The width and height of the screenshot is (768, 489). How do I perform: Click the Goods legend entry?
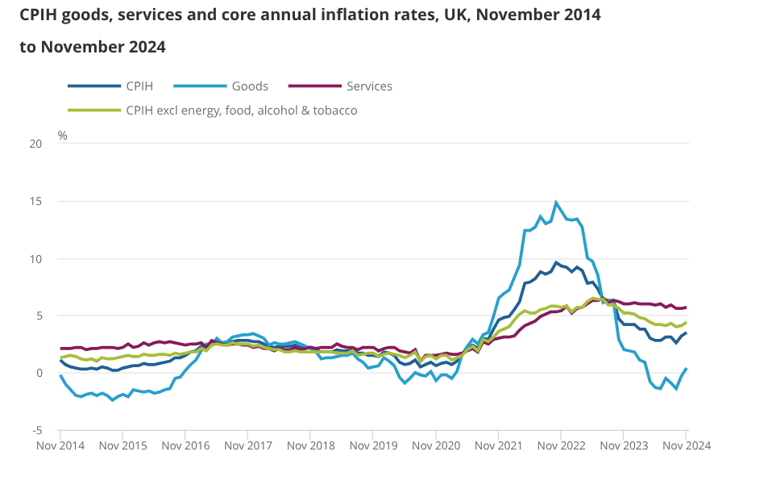(x=250, y=86)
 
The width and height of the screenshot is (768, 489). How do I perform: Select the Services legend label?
(x=368, y=86)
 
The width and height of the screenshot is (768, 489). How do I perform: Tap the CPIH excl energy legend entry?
(x=241, y=111)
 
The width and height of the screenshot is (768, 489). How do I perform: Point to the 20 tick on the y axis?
(x=35, y=144)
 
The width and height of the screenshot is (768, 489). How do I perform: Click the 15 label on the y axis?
(x=35, y=201)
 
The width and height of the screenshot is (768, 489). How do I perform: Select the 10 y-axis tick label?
(x=35, y=258)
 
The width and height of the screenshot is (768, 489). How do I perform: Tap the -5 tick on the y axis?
(x=36, y=430)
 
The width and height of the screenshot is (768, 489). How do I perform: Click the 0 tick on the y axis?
(x=38, y=373)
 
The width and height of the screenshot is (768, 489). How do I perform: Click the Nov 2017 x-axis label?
(x=247, y=445)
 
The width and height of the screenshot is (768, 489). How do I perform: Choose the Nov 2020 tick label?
(x=435, y=445)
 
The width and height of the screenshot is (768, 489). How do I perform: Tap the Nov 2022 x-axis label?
(x=561, y=445)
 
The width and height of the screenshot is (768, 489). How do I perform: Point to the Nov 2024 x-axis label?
(x=686, y=445)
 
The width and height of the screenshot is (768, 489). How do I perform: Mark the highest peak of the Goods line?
(x=556, y=203)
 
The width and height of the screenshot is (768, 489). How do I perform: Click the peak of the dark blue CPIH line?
(x=556, y=262)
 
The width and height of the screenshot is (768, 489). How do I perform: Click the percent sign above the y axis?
(x=63, y=135)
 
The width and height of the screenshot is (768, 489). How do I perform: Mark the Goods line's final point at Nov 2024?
(x=686, y=369)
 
